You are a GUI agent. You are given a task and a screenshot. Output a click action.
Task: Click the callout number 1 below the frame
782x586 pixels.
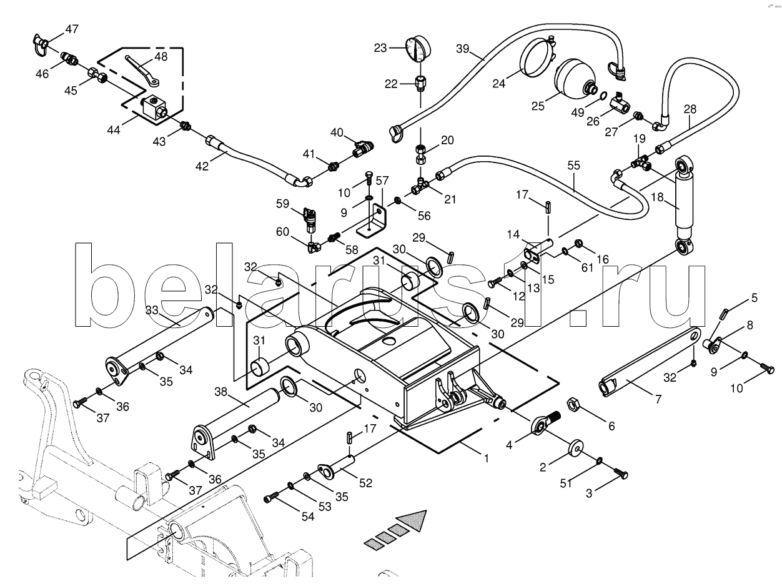click(x=487, y=458)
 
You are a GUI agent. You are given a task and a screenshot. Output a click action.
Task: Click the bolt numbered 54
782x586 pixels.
click(x=270, y=498)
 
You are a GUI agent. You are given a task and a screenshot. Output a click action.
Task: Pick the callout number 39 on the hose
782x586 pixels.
click(x=462, y=49)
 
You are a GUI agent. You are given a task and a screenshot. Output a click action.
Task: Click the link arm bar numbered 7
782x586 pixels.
click(x=650, y=359)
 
